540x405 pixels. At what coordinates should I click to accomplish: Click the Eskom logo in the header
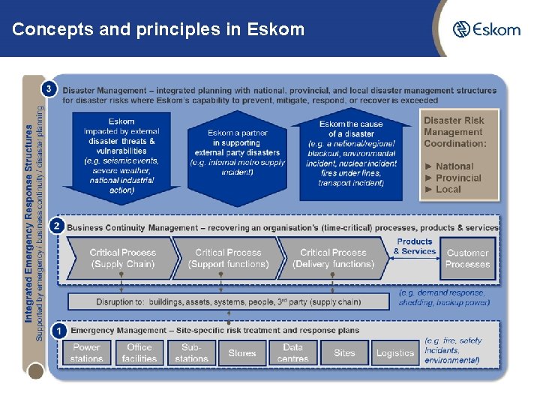click(x=486, y=29)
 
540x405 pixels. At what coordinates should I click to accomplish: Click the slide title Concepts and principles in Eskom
click(x=158, y=30)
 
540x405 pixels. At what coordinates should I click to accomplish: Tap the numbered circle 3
click(x=49, y=89)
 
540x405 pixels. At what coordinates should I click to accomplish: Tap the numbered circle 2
click(x=55, y=225)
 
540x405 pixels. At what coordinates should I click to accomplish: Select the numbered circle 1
click(x=58, y=330)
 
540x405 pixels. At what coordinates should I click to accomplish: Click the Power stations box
click(x=87, y=352)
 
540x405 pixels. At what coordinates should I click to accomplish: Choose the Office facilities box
click(x=139, y=352)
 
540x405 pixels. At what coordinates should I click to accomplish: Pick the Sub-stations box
click(x=191, y=352)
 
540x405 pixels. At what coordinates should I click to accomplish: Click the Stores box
click(x=241, y=352)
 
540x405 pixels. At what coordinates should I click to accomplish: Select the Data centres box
click(x=292, y=352)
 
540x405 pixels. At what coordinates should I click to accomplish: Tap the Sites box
click(x=344, y=352)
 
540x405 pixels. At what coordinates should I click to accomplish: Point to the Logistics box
click(x=395, y=352)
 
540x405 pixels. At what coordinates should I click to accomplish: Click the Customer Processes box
click(x=467, y=259)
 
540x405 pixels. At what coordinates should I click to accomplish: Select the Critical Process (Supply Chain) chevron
click(x=123, y=259)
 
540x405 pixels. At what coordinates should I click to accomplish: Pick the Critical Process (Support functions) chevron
click(x=228, y=259)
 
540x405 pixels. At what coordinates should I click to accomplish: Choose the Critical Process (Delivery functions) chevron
click(x=333, y=259)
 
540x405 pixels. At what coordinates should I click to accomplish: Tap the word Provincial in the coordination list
click(x=457, y=178)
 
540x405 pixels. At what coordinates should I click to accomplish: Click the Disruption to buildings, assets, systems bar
click(x=229, y=301)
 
